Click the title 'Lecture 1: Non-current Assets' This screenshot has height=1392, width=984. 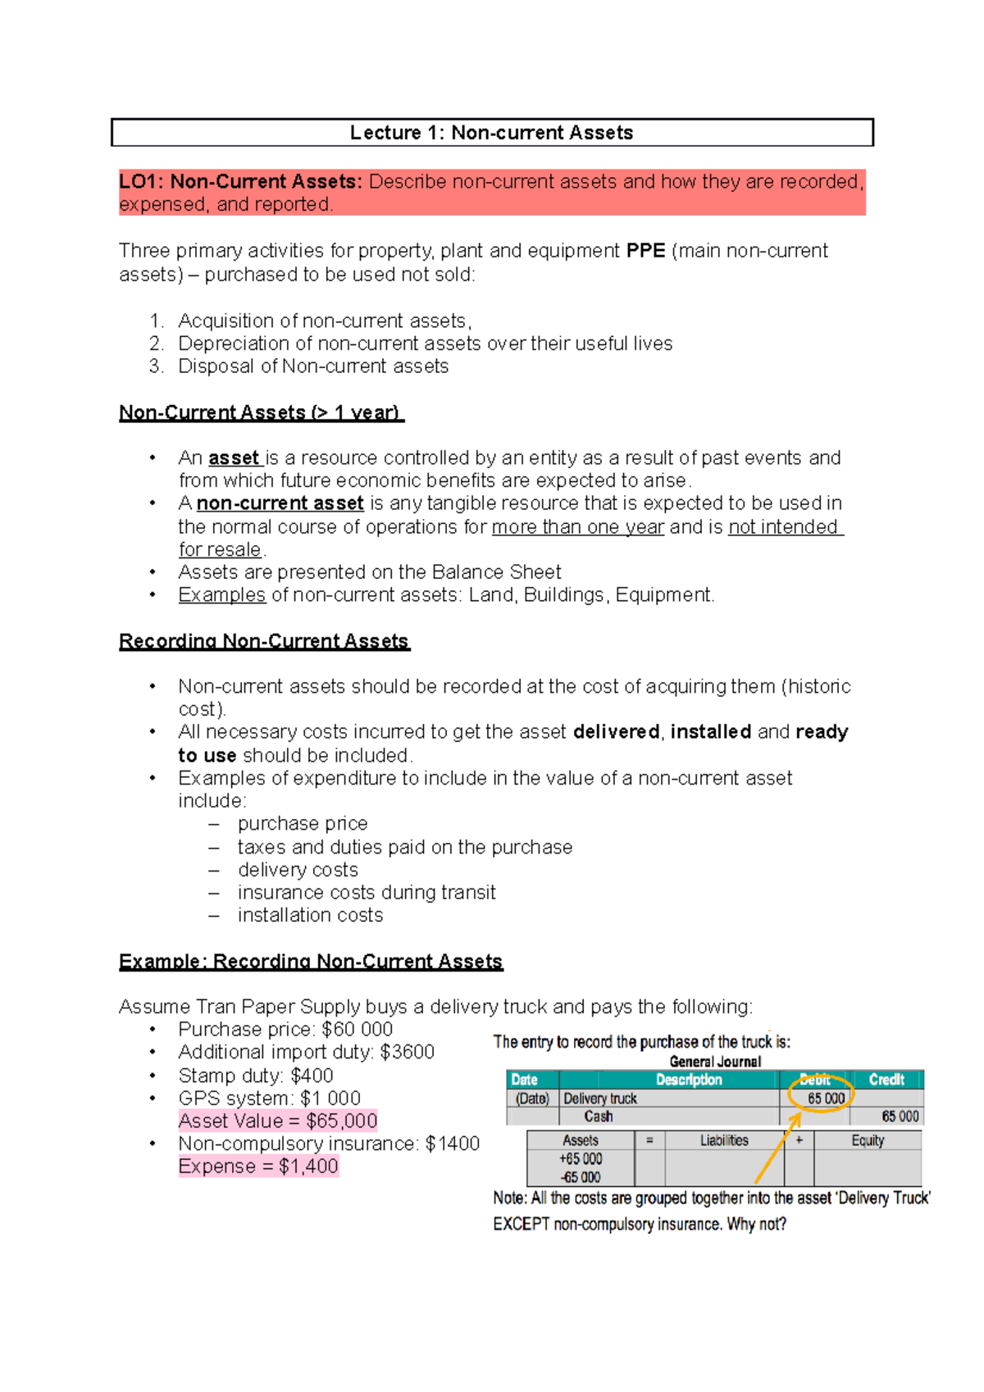(491, 133)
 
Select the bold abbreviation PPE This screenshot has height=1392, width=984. (645, 251)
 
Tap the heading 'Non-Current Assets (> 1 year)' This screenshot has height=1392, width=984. (261, 412)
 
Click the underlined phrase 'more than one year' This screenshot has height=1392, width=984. (577, 527)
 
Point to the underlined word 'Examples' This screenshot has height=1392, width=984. (221, 595)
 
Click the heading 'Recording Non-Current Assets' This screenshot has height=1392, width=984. (264, 641)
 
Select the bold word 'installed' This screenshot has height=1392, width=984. (710, 731)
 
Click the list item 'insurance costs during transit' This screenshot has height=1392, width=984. (367, 892)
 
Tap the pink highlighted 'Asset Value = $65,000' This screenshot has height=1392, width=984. (278, 1121)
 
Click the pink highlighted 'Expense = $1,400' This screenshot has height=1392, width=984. (258, 1167)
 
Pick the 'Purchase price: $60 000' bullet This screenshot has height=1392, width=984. (285, 1030)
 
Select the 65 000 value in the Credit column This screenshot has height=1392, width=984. (900, 1117)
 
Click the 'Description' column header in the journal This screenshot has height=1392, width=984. (689, 1080)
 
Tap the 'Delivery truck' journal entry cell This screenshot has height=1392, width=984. (600, 1099)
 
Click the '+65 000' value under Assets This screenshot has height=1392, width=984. (581, 1159)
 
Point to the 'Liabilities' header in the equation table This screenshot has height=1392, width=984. (724, 1140)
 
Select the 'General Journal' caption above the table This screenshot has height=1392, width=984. (715, 1062)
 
